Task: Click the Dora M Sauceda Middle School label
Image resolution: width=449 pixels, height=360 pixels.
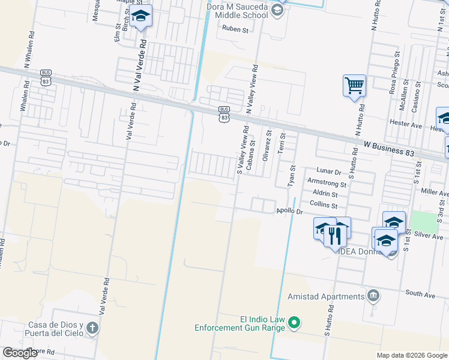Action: (237, 10)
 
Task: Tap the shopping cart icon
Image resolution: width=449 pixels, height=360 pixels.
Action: (354, 85)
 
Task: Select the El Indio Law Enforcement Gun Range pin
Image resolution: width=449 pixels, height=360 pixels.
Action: (294, 323)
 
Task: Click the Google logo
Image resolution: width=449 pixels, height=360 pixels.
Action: (20, 353)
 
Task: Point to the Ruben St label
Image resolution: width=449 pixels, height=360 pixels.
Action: (235, 29)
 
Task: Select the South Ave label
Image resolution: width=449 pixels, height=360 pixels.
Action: (420, 294)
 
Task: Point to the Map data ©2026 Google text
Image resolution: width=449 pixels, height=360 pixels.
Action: (412, 355)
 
